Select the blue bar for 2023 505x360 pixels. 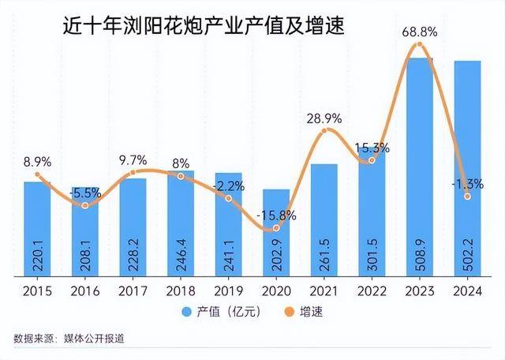pyautogui.click(x=419, y=166)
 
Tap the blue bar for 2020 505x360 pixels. pyautogui.click(x=276, y=233)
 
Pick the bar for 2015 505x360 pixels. pyautogui.click(x=37, y=229)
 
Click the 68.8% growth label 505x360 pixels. pyautogui.click(x=420, y=32)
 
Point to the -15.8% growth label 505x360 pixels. pyautogui.click(x=277, y=215)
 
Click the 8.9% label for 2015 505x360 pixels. pyautogui.click(x=37, y=161)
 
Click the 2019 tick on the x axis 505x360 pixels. pyautogui.click(x=229, y=291)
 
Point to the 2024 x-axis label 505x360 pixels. pyautogui.click(x=468, y=291)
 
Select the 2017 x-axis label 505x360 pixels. pyautogui.click(x=133, y=291)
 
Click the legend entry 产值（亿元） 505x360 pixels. pyautogui.click(x=225, y=311)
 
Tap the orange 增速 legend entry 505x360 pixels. pyautogui.click(x=303, y=311)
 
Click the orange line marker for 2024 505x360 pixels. pyautogui.click(x=468, y=197)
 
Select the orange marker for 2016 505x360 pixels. pyautogui.click(x=85, y=205)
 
